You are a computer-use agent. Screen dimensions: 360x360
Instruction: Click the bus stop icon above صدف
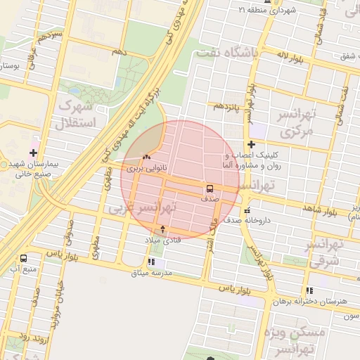[x=210, y=188]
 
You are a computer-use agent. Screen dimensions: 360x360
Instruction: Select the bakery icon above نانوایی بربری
[x=146, y=157]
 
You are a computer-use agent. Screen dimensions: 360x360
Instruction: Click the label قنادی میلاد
[x=162, y=240]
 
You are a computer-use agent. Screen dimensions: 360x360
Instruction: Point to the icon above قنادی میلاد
[x=163, y=229]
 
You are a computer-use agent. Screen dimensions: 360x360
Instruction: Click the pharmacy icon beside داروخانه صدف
[x=246, y=210]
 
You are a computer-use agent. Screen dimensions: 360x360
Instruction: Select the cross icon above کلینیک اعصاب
[x=250, y=144]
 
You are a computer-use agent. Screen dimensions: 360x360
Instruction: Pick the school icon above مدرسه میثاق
[x=152, y=262]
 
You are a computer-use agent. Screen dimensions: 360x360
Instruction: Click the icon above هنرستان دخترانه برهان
[x=309, y=290]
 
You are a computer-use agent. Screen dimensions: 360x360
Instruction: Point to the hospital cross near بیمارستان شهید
[x=34, y=153]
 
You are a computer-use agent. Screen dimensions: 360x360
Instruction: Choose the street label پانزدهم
[x=228, y=106]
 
